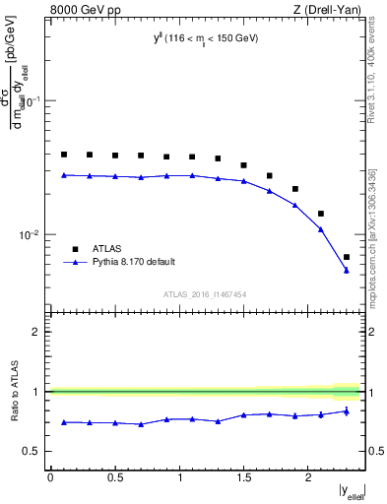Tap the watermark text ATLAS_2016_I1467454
coord(205,294)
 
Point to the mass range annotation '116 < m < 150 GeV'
coord(207,38)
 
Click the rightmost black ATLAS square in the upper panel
coord(347,257)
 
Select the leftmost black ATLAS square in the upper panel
coord(64,155)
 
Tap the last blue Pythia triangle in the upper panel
coord(347,270)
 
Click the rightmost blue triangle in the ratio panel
coord(347,411)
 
